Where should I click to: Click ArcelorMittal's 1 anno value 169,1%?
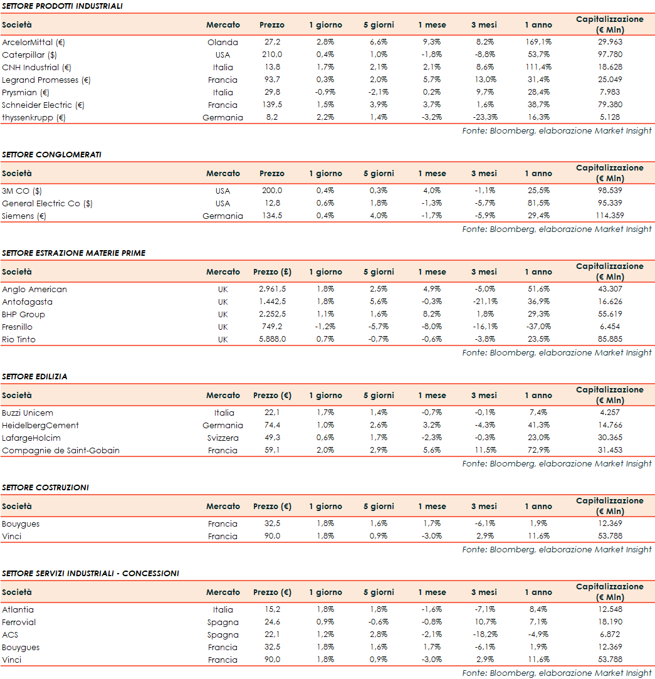tap(538, 43)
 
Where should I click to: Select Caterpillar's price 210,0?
tap(271, 55)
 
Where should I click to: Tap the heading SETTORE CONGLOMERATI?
tap(51, 155)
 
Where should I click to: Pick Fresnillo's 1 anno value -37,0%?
tap(538, 327)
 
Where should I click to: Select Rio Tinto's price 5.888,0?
tap(271, 340)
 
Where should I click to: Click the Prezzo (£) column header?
tap(272, 272)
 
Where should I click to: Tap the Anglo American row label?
tap(34, 290)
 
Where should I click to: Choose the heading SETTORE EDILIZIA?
tap(34, 377)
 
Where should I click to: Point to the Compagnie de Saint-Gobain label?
tap(61, 451)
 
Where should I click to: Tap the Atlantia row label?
tap(18, 610)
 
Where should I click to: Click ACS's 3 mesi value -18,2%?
tap(484, 635)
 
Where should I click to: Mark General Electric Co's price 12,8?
tap(271, 204)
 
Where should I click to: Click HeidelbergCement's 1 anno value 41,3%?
tap(538, 426)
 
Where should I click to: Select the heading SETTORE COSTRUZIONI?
tap(45, 488)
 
